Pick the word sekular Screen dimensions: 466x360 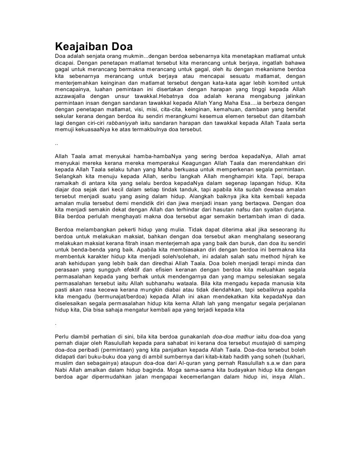click(x=64, y=117)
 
